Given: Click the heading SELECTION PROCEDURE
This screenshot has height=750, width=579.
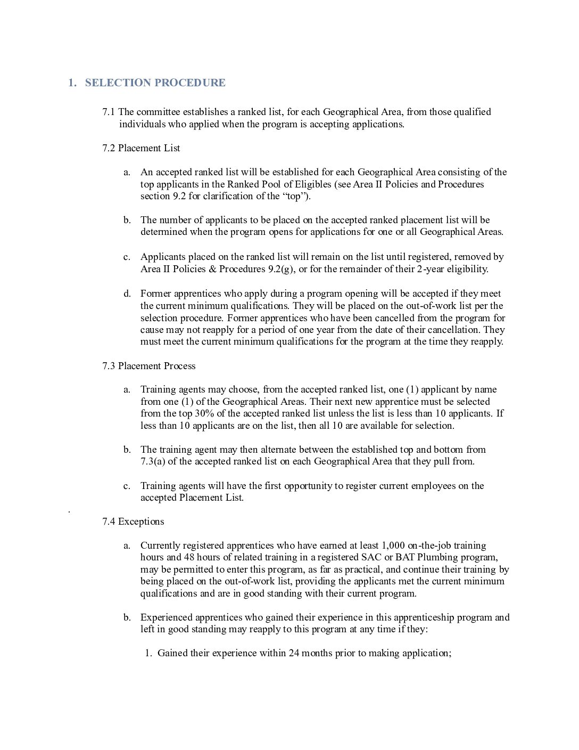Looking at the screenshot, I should click(155, 83).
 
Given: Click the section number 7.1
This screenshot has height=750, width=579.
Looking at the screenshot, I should click(109, 112).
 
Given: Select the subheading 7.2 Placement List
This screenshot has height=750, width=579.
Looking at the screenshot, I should click(141, 148).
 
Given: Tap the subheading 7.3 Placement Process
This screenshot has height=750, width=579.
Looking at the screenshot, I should click(148, 366).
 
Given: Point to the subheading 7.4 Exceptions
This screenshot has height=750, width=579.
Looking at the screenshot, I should click(133, 521).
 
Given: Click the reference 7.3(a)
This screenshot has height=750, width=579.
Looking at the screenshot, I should click(153, 461).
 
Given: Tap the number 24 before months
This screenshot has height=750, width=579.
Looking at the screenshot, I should click(294, 653).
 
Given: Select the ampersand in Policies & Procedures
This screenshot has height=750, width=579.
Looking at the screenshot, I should click(212, 269).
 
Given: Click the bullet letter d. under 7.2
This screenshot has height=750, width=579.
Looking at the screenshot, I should click(127, 294).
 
